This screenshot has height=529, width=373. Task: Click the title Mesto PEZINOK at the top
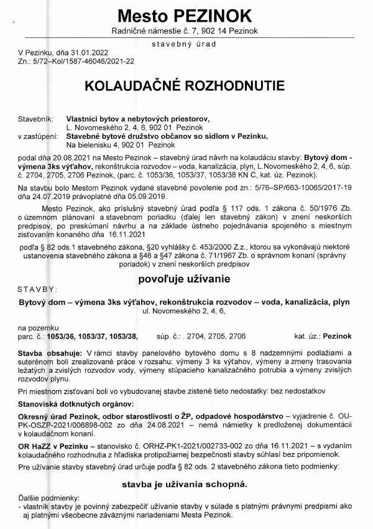click(x=186, y=15)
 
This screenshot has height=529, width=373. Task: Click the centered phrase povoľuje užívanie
click(x=186, y=261)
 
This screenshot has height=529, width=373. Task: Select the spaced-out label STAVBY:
click(x=38, y=272)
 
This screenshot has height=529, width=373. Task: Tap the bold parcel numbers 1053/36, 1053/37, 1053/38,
click(x=95, y=336)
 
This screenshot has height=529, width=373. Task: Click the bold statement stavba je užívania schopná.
click(x=186, y=484)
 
